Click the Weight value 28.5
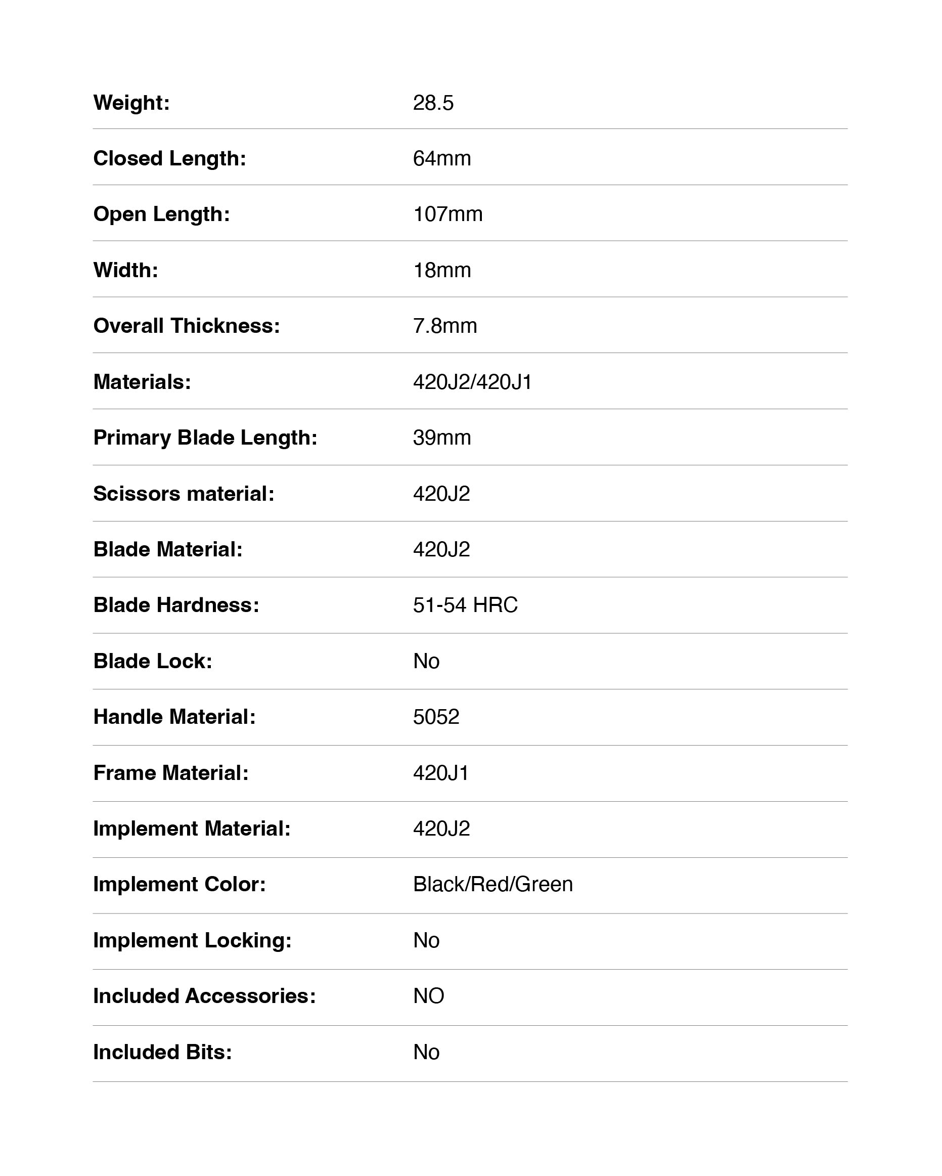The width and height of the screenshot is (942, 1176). [433, 103]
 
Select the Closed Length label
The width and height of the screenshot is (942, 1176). [169, 158]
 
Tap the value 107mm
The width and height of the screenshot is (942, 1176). [447, 214]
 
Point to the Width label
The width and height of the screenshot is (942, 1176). [125, 270]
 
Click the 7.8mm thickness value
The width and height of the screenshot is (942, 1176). [445, 326]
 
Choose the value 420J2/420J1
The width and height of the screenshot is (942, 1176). [472, 382]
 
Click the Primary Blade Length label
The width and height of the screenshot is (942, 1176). [205, 438]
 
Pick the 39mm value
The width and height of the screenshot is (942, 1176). [441, 438]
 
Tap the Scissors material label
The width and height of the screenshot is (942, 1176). [184, 494]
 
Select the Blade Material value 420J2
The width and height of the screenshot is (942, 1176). [441, 549]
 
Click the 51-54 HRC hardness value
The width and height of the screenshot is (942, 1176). [465, 605]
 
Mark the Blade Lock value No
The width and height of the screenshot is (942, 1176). [426, 661]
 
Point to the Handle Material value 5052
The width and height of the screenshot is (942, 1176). [436, 717]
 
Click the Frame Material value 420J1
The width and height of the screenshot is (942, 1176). [440, 773]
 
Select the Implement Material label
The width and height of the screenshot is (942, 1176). [192, 829]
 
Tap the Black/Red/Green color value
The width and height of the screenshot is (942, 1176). [493, 884]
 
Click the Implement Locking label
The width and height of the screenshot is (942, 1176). [193, 940]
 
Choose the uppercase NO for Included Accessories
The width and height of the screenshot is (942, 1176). [428, 996]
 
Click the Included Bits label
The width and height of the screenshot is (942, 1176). [162, 1052]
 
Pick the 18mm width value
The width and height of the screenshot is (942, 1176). [441, 270]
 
